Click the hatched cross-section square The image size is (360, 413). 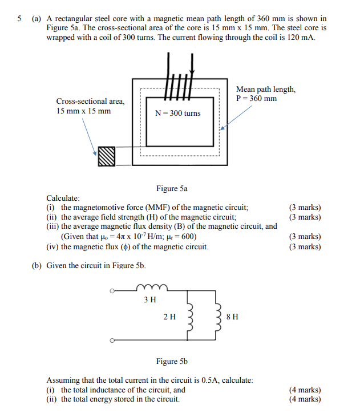pos(107,156)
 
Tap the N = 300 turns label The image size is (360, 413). pos(177,113)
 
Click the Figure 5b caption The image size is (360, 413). pos(172,361)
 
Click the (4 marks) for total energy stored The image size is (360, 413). pos(305,399)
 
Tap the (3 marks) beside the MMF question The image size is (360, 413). pos(305,208)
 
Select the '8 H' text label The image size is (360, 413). pos(232,317)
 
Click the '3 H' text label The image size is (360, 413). pos(151,299)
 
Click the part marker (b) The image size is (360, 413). pos(38,265)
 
